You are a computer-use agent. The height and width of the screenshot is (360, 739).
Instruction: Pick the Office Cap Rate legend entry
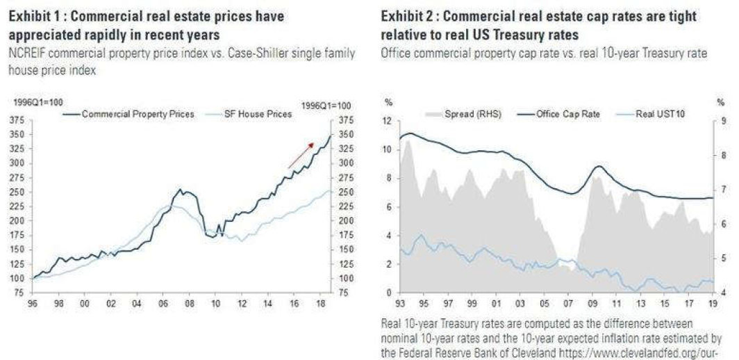click(x=562, y=113)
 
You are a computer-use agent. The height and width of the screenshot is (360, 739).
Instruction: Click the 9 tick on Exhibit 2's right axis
click(x=726, y=121)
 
